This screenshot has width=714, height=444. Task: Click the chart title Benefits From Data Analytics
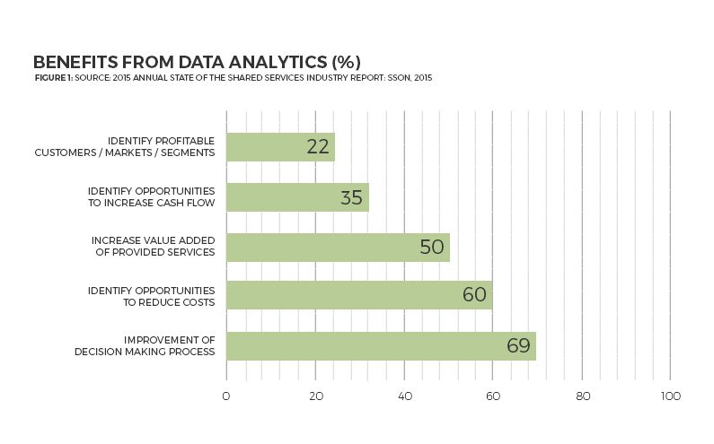point(197,62)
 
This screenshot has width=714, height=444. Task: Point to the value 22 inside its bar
point(318,147)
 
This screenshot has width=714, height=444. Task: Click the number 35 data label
point(351,197)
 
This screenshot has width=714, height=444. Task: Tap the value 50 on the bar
point(432,247)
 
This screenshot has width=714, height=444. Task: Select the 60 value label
point(474,295)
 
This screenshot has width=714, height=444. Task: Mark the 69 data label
point(518,345)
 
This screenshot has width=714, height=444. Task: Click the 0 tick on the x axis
point(226,396)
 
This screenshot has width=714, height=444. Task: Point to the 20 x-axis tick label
point(315,396)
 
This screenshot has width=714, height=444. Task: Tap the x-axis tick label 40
point(404,396)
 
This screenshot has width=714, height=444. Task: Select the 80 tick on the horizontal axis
point(582,396)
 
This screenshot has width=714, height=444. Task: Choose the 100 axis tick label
point(670,396)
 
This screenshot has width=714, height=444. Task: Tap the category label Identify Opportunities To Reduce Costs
point(151,297)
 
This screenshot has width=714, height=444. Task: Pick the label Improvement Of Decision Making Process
point(145,345)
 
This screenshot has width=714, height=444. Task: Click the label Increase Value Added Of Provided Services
point(154,247)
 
